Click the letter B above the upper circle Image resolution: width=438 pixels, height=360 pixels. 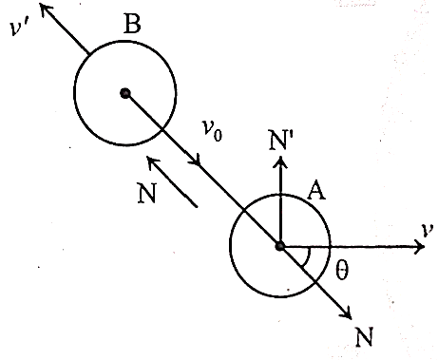(x=132, y=24)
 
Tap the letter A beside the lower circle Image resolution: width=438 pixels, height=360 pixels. (x=316, y=191)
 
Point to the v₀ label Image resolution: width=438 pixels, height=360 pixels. (x=212, y=130)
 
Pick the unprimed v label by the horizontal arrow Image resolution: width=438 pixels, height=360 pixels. (x=428, y=230)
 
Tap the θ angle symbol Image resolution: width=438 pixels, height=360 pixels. (x=342, y=270)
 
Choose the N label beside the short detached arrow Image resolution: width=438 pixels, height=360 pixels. (x=147, y=193)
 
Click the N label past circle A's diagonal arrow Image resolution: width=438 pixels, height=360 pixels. (x=364, y=337)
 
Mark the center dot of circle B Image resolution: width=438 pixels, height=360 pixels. (x=125, y=93)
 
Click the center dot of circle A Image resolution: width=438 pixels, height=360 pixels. (x=279, y=246)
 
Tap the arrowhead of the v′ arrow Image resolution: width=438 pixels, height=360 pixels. (x=44, y=8)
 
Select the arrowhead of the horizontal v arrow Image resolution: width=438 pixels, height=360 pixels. (x=420, y=246)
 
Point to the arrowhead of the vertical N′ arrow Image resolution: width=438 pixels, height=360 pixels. (x=280, y=162)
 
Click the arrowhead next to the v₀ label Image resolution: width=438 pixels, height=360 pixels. (x=196, y=160)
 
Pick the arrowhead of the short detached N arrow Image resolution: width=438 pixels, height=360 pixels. (x=153, y=162)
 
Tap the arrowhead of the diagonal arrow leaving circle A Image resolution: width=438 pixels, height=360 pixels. (x=346, y=313)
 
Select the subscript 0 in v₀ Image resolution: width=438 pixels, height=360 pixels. (x=218, y=135)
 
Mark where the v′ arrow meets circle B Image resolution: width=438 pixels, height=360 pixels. (x=89, y=53)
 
